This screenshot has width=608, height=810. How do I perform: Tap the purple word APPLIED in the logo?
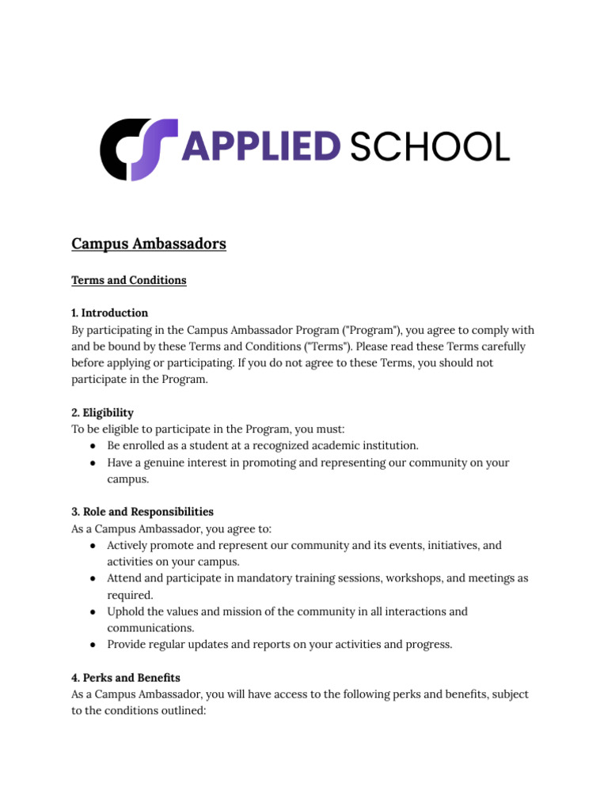(x=262, y=148)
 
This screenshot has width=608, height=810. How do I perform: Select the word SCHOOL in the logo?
(x=429, y=148)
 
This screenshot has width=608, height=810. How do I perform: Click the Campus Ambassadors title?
(x=149, y=244)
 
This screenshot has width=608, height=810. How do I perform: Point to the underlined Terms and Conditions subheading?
(x=129, y=281)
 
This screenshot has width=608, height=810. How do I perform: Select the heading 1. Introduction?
(x=109, y=313)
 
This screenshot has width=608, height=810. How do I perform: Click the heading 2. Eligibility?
(x=102, y=413)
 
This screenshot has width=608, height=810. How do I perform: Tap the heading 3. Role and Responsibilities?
(x=142, y=512)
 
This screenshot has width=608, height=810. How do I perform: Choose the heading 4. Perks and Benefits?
(x=126, y=678)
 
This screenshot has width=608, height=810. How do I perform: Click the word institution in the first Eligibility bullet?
(x=388, y=446)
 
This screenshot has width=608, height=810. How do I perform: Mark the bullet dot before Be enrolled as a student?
(x=93, y=446)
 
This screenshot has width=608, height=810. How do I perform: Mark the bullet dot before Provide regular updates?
(x=93, y=645)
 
